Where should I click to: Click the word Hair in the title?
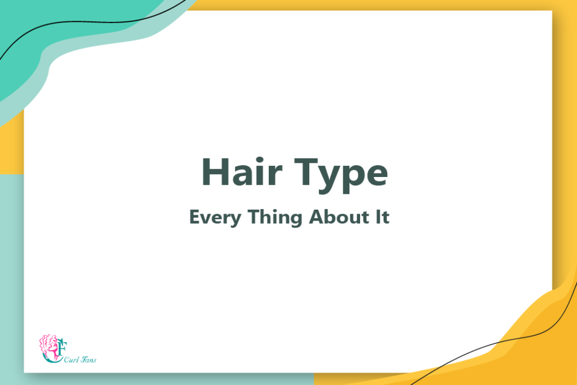click(242, 172)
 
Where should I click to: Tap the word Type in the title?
click(341, 175)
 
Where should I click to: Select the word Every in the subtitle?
click(215, 217)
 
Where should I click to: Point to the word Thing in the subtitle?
click(275, 217)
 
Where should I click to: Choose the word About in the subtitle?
click(339, 216)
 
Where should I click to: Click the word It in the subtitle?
click(383, 216)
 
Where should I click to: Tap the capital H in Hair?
click(215, 172)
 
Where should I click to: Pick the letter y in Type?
click(330, 179)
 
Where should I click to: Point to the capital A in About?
click(317, 216)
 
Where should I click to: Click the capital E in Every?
click(194, 216)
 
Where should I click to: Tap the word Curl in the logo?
click(72, 360)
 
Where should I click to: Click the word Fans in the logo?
click(88, 360)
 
